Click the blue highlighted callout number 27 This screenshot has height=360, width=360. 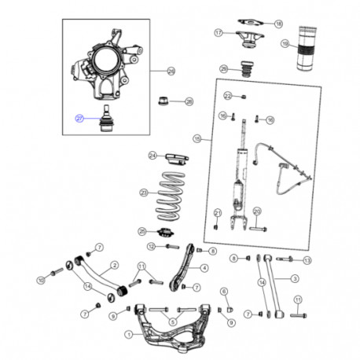pyautogui.click(x=79, y=118)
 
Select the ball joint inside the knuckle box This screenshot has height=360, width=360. pyautogui.click(x=102, y=116)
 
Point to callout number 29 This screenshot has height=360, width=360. pyautogui.click(x=171, y=72)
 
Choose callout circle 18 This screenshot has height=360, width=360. pyautogui.click(x=278, y=24)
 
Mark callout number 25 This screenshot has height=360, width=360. pyautogui.click(x=142, y=231)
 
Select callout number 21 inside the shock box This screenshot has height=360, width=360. pyautogui.click(x=216, y=212)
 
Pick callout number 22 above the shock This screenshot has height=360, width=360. pyautogui.click(x=228, y=96)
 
